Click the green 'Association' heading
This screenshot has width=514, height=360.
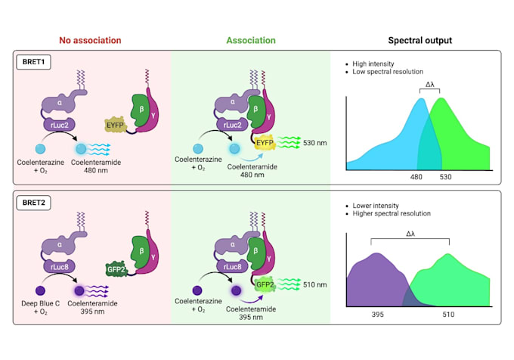250,40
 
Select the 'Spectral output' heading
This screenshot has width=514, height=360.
420,40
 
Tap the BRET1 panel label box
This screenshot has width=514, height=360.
34,61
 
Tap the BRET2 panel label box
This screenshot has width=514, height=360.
34,201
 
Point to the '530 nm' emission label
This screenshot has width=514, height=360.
310,141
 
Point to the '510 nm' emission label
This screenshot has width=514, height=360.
310,285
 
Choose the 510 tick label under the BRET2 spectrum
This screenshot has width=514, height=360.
448,314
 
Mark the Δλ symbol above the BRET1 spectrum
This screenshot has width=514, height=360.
429,85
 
